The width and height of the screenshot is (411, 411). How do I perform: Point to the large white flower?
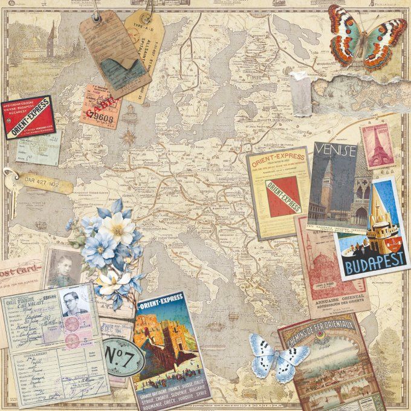coord(118,228)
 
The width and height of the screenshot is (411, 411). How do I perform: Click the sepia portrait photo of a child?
coord(60,267)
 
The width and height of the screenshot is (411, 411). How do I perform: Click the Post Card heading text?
coord(18,270)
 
